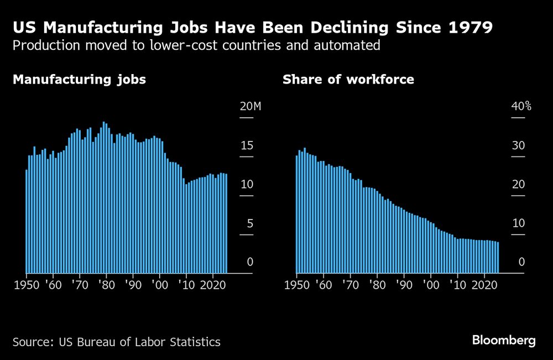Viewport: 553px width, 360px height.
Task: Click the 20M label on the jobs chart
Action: pos(249,107)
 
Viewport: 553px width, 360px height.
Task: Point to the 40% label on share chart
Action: pos(520,107)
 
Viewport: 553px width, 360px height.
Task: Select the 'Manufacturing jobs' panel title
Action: pos(79,80)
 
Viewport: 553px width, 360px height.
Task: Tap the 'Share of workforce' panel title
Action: pos(348,80)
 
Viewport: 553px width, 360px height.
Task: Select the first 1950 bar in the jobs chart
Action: pos(27,221)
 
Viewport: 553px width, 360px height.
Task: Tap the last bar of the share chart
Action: pos(498,258)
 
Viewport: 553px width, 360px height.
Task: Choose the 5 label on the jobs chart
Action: pos(249,224)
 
